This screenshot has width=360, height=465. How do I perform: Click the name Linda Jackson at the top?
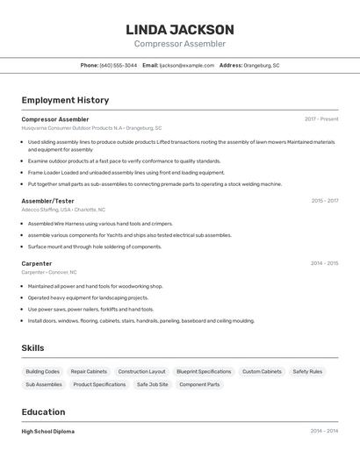coord(180,29)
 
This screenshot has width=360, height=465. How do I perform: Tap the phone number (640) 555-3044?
coord(119,65)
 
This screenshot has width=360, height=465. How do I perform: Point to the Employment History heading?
coord(65,100)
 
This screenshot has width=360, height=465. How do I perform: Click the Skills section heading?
coord(32,348)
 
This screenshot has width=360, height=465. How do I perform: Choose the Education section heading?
coord(43,411)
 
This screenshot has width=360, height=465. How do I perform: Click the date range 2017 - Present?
coord(321,119)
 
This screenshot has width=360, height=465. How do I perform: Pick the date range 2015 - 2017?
coord(324,201)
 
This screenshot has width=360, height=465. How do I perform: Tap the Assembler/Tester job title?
coord(48,201)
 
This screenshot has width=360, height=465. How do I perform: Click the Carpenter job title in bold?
coord(37,263)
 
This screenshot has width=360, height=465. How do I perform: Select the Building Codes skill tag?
coord(43,371)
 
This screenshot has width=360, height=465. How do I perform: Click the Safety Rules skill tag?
coord(307,371)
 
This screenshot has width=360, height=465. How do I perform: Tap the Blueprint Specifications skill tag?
coord(204,371)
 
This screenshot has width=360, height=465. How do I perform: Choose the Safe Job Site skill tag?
coord(153,384)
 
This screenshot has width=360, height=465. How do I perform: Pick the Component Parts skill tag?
coord(199,384)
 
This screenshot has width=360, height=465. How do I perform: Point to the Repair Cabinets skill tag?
coord(89,371)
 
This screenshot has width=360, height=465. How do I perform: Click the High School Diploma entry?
coord(48,432)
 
